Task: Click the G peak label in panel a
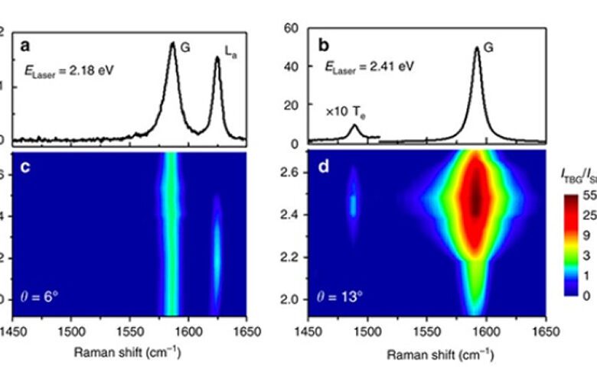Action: click(185, 47)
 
